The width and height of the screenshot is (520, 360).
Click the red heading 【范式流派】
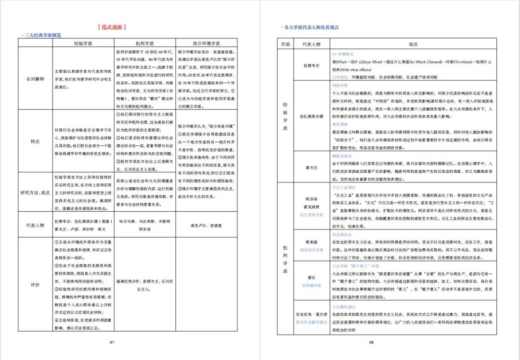coord(111,27)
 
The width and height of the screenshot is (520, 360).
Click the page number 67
coord(112,342)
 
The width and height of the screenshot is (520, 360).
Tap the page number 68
coord(371,342)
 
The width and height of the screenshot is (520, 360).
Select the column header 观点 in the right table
coord(413,44)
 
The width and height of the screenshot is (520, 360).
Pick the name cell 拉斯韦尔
coord(312,65)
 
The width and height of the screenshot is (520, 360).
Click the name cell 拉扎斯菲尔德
coord(312,117)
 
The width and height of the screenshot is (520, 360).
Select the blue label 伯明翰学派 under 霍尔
coord(312,285)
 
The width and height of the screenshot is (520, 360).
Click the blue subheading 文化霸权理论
coord(343,306)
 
